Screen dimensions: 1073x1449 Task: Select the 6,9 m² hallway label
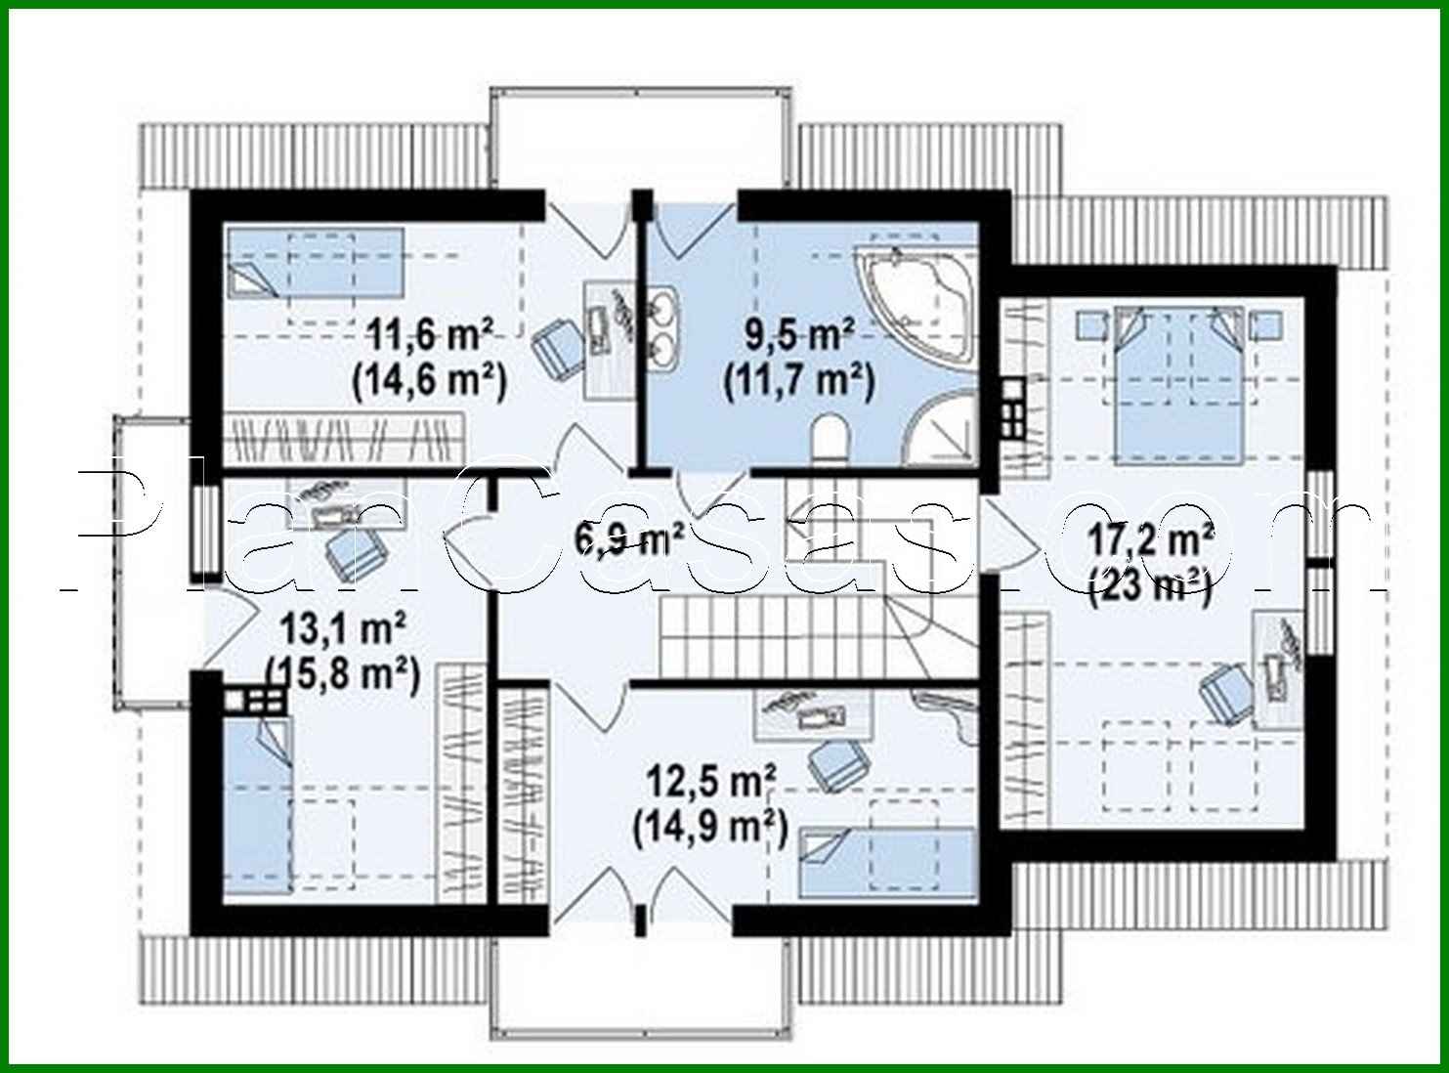629,538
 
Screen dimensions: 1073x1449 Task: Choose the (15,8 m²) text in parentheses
343,673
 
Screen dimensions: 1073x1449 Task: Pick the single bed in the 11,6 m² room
315,262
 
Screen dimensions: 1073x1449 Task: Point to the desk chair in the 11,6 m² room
559,348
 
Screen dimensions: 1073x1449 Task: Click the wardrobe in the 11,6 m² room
342,438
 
